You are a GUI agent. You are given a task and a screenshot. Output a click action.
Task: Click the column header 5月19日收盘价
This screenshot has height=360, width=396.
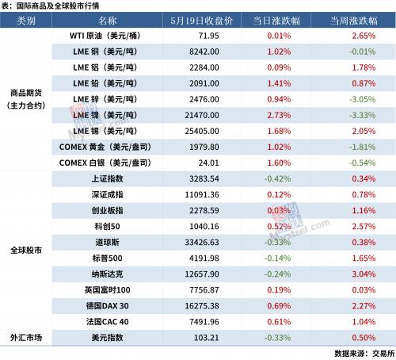(201, 21)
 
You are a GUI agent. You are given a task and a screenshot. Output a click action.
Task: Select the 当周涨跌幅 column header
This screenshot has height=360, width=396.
(354, 21)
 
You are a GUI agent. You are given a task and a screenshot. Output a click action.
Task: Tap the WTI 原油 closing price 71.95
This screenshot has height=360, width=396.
(208, 36)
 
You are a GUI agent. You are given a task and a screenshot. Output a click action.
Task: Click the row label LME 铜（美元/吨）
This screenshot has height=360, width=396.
(105, 52)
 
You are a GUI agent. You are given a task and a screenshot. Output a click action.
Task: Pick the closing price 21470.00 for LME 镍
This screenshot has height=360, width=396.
(202, 115)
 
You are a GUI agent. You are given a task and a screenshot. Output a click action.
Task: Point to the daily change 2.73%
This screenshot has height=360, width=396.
(279, 115)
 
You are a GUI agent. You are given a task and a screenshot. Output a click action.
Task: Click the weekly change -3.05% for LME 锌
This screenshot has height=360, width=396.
(362, 99)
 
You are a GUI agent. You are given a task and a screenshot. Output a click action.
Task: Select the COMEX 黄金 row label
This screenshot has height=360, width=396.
(105, 147)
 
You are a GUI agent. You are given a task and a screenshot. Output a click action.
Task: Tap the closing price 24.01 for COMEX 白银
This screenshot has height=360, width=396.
(208, 163)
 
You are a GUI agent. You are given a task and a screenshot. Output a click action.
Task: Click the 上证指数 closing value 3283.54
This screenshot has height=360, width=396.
(204, 178)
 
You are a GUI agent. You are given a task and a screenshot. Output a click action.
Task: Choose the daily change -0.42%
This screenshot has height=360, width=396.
(277, 178)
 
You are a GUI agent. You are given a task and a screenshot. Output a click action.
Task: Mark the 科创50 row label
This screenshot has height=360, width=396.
(107, 227)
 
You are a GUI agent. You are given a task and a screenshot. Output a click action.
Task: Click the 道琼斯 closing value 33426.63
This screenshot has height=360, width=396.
(202, 243)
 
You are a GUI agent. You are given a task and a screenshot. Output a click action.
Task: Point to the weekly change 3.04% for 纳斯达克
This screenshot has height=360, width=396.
(364, 274)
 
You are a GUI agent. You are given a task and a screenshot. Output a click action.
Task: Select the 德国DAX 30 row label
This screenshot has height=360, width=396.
(107, 306)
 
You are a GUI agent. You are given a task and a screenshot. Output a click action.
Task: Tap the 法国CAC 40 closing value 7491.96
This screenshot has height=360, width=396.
(204, 322)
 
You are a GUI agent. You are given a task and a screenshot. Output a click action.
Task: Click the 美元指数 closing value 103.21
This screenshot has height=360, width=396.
(207, 338)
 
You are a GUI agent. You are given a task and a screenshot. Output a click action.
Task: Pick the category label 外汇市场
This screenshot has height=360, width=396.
(26, 338)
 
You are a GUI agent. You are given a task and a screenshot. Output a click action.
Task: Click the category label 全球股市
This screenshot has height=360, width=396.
(26, 250)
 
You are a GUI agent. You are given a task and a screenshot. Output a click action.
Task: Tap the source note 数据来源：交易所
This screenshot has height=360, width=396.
(364, 354)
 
